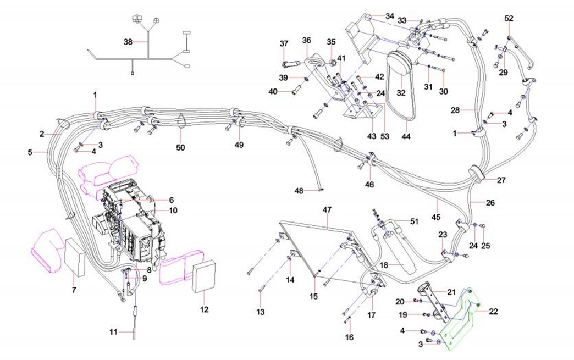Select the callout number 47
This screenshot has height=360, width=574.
point(327,209)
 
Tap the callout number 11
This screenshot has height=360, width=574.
point(113,332)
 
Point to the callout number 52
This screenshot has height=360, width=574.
point(509,18)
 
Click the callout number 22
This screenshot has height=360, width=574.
point(493,311)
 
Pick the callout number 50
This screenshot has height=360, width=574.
point(181,147)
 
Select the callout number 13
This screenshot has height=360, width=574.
point(260,312)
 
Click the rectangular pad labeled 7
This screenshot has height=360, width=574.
point(75,257)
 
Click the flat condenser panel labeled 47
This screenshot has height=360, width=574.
point(319,247)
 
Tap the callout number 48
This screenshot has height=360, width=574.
point(299,191)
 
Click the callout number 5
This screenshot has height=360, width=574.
point(30,151)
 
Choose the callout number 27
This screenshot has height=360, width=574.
point(501,180)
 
